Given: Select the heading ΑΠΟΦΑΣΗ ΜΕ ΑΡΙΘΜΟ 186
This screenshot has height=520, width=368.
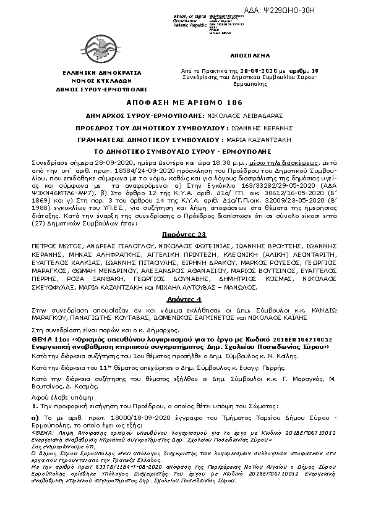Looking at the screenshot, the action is point(183,102).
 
